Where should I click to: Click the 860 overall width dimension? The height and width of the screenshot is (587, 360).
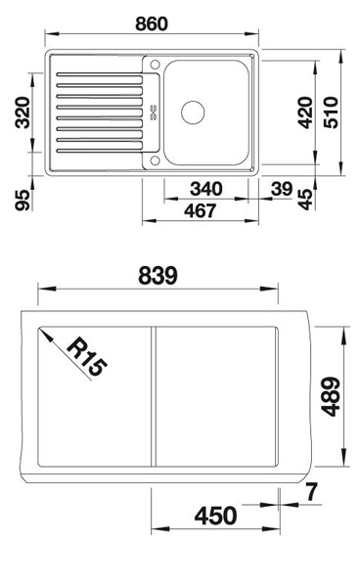(x=152, y=23)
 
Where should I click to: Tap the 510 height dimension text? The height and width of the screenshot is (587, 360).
(x=331, y=113)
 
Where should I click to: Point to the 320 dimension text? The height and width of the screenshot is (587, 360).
(x=22, y=113)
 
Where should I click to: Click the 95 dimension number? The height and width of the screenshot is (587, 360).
(x=22, y=200)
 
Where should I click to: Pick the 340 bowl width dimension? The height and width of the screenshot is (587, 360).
(x=206, y=189)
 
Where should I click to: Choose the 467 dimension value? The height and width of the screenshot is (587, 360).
(x=201, y=210)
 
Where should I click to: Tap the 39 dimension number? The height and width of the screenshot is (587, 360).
(x=282, y=189)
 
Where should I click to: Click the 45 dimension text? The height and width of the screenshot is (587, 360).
(x=305, y=200)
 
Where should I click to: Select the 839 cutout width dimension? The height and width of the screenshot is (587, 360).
(x=157, y=276)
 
